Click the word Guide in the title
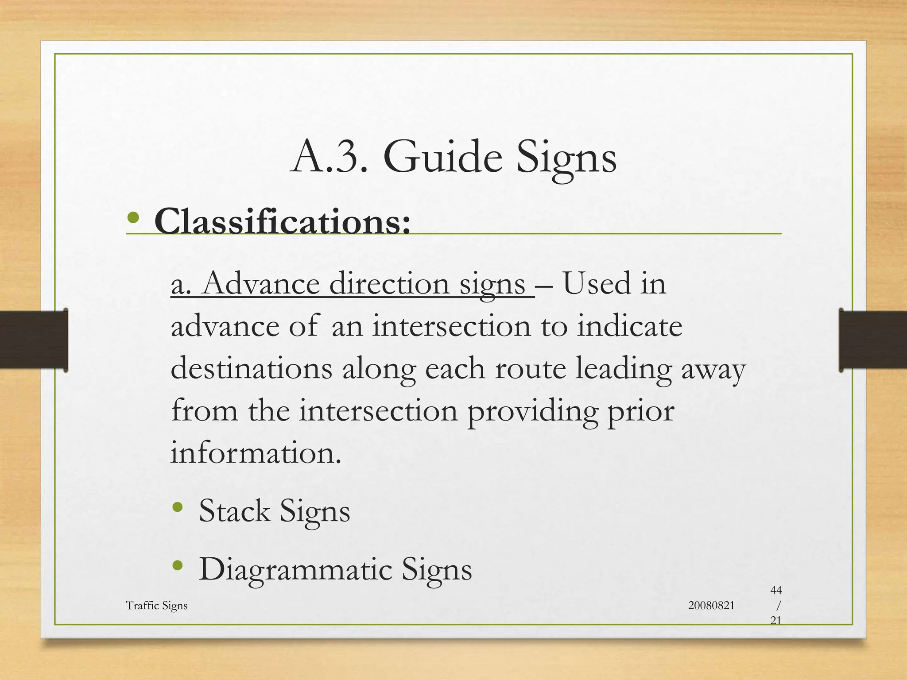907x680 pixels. pos(442,158)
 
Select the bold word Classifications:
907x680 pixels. pos(282,221)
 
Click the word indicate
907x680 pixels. pos(629,326)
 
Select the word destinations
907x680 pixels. pos(251,369)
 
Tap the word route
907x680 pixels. pos(530,369)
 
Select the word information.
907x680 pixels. pos(256,453)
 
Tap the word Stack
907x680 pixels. pos(234,511)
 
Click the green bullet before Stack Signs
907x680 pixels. pos(178,507)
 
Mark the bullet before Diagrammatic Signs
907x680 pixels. pos(178,565)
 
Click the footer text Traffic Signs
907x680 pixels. pos(156,606)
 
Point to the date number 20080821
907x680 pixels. pos(711,606)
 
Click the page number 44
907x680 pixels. pos(776,590)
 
